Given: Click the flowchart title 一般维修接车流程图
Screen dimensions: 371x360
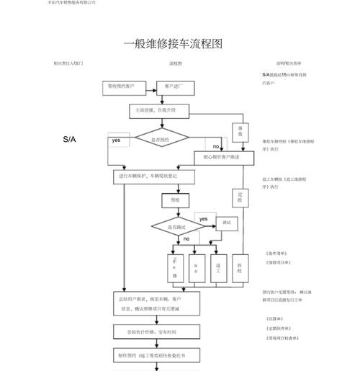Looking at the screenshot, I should (172, 44).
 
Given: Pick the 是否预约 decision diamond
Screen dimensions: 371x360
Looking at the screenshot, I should (162, 139).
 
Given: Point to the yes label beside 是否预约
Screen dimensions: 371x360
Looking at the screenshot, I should (116, 140).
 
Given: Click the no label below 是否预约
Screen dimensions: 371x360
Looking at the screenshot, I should (215, 147).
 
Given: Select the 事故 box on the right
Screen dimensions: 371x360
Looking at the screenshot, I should (240, 131).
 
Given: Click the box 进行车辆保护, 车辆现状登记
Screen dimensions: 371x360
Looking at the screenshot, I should (153, 176).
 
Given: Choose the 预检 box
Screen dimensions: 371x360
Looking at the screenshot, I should (176, 200).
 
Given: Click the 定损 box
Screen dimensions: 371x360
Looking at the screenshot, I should (240, 197).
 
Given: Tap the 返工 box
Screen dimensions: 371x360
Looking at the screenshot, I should (218, 267).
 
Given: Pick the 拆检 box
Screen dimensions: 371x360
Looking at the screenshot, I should (240, 267).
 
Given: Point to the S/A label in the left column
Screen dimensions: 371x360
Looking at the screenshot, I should (69, 138).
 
